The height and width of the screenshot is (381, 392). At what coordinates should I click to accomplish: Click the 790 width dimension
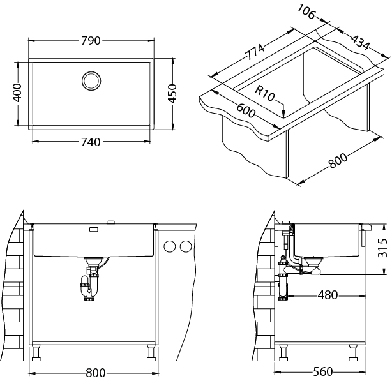pos(91,40)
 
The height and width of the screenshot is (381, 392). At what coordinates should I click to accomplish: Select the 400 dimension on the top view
pos(17,93)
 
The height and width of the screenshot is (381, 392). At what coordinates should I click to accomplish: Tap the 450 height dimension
pos(172,93)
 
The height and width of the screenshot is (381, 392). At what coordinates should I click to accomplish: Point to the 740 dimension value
pos(91,142)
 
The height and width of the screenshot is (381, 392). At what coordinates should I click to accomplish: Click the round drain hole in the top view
pos(91,80)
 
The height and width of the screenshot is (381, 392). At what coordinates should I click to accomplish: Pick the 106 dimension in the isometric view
pos(306,11)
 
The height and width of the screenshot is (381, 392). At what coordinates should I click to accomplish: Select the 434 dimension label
pos(360,43)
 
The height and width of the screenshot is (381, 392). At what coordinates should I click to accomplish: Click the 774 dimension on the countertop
pos(254,52)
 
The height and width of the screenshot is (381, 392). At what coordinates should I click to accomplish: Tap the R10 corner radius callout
pos(265,93)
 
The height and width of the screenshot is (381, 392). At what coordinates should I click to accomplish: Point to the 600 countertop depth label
pos(246,110)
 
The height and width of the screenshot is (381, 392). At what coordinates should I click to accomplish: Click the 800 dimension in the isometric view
pos(338,160)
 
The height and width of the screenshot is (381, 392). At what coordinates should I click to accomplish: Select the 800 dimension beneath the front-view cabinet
pos(96,373)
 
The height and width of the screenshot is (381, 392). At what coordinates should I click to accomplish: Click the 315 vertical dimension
pos(382,248)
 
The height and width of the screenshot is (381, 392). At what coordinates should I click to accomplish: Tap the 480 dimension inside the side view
pos(328,295)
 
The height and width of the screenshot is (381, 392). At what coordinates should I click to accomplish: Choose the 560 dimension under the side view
pos(323,372)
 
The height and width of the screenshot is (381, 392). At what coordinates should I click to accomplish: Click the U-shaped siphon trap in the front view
pos(89,288)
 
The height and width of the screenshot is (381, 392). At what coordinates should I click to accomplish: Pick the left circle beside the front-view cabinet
pos(170,246)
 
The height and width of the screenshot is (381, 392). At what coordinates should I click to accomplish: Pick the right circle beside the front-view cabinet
pos(186,246)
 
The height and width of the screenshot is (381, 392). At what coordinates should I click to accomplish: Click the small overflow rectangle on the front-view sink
pos(94,229)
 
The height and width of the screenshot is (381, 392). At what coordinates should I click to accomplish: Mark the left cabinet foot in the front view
pos(36,352)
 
